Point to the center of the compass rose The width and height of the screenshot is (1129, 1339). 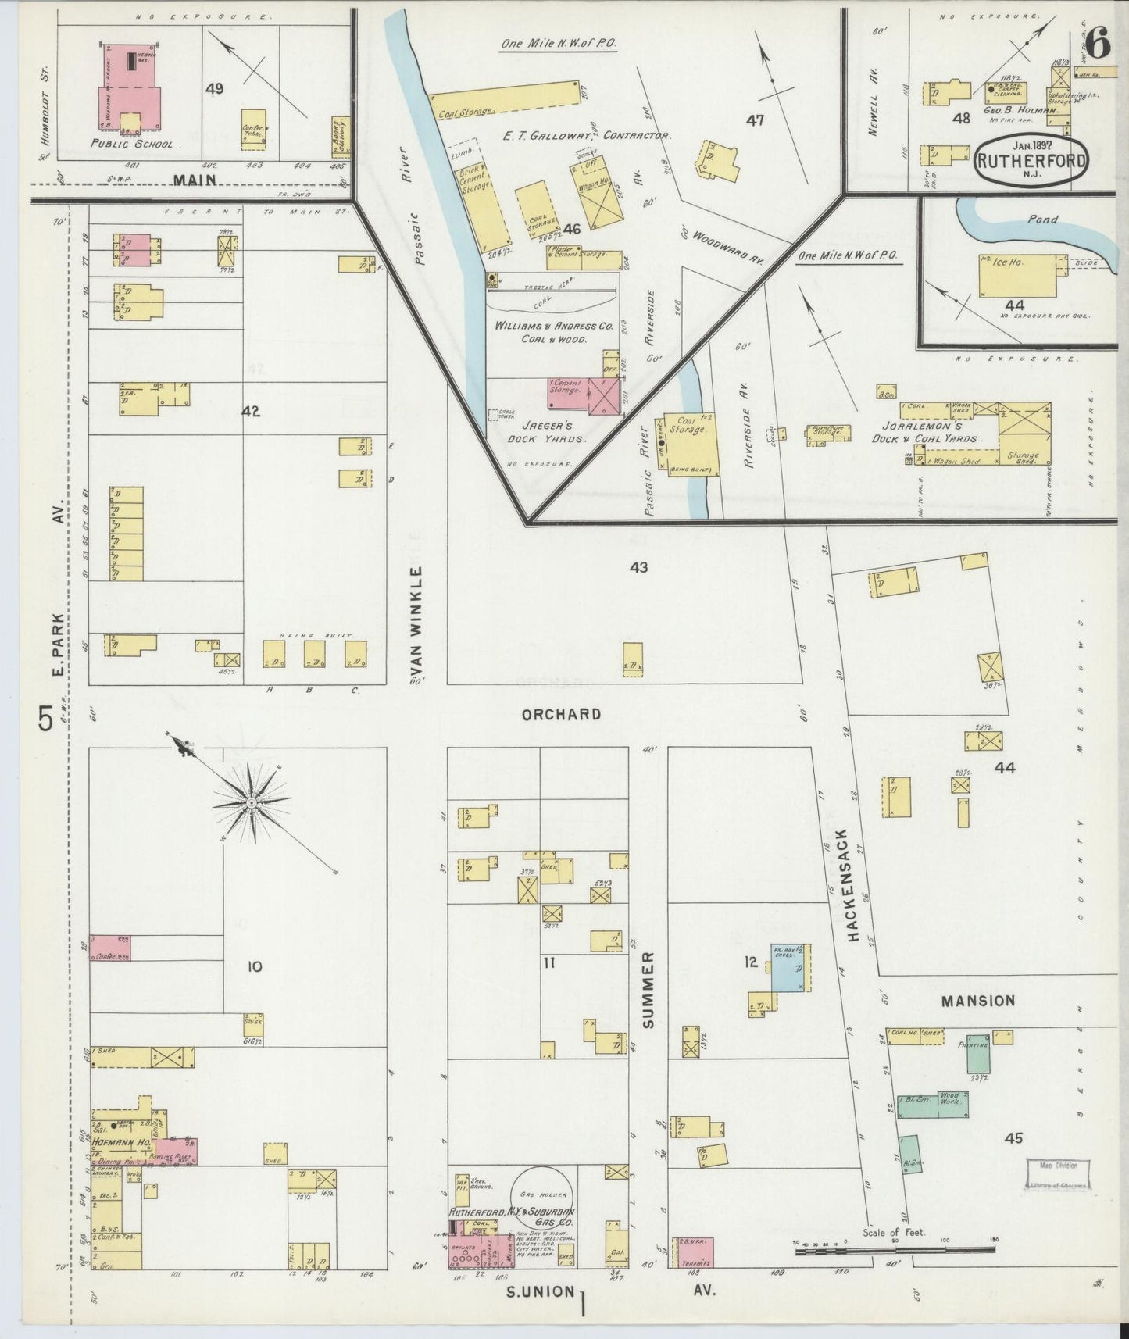coord(252,802)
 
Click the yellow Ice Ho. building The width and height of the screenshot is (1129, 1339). coord(1018,276)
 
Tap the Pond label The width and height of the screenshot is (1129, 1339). coord(1042,220)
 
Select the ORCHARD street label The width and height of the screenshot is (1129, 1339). coord(562,714)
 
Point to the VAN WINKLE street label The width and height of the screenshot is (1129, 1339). coord(416,626)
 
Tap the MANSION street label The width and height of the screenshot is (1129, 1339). coord(977,1001)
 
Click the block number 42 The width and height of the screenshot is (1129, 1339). coord(250,412)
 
